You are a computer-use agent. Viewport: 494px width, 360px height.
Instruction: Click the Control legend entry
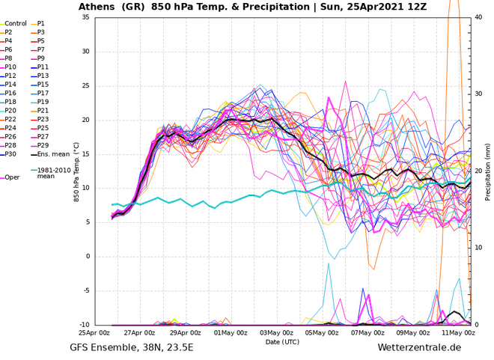coord(15,23)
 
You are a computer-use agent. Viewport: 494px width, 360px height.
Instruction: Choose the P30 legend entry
coord(11,154)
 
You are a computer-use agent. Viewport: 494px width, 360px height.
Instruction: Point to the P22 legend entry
coord(10,119)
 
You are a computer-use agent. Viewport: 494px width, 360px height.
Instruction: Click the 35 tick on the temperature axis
coord(85,17)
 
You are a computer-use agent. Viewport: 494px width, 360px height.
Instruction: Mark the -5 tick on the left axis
coord(86,290)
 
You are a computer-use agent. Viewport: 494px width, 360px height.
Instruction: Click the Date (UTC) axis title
coord(283,341)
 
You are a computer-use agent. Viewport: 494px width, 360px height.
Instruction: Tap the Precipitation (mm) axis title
coord(488,171)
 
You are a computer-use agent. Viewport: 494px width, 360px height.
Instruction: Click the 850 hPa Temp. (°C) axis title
coord(76,171)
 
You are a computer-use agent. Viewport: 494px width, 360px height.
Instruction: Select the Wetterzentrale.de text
coord(419,348)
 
